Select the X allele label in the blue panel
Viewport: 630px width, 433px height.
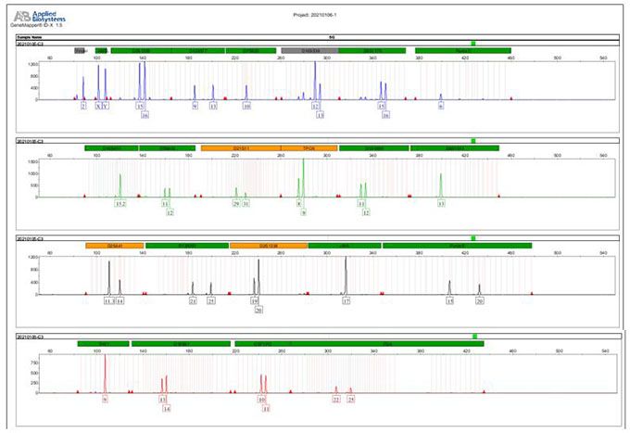(97, 107)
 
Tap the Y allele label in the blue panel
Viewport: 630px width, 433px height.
(106, 107)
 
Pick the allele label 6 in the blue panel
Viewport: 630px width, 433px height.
(441, 107)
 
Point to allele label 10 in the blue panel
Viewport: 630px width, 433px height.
(246, 107)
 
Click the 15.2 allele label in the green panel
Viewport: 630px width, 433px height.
(120, 203)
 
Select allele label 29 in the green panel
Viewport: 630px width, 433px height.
(236, 203)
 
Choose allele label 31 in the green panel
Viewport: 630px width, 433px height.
(246, 203)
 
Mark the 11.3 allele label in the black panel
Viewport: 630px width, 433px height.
(108, 300)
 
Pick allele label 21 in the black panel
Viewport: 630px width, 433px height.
(193, 300)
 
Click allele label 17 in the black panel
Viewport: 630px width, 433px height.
(346, 300)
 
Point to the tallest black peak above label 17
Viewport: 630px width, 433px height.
(346, 259)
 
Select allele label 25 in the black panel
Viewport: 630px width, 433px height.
(211, 300)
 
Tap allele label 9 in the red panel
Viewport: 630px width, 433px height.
(106, 398)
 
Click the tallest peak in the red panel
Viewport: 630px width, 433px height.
(106, 356)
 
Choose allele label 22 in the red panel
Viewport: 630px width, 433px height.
(336, 398)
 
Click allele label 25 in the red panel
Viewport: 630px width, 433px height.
(351, 398)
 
